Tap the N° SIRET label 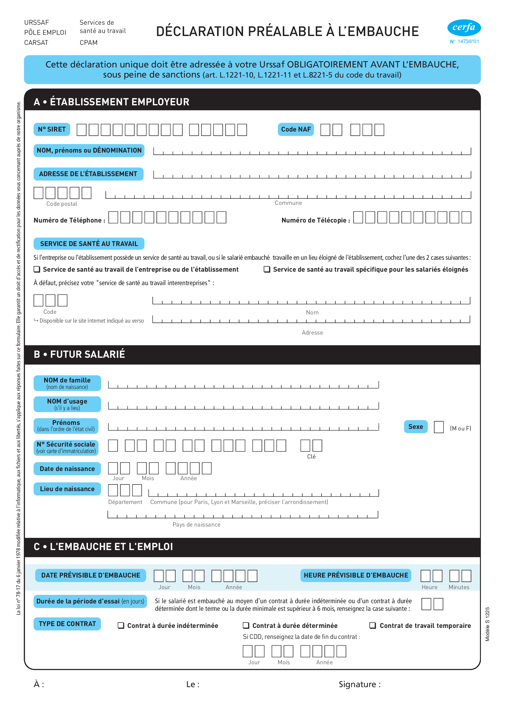click(x=52, y=129)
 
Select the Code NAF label click(x=296, y=129)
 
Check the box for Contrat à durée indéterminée click(x=121, y=625)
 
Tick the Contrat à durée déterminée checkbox click(x=246, y=625)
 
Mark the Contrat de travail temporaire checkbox click(x=372, y=625)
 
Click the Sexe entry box click(x=438, y=427)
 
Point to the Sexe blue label click(x=416, y=427)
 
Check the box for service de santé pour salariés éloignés click(x=267, y=269)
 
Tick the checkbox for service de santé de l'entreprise click(x=37, y=269)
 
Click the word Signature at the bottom click(x=357, y=684)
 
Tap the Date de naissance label click(x=67, y=469)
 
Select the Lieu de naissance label click(x=67, y=489)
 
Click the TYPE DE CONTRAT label click(x=67, y=624)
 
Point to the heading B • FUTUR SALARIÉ click(x=79, y=354)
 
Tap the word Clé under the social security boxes click(x=311, y=456)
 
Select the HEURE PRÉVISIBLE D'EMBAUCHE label click(x=356, y=575)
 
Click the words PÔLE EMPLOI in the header click(x=45, y=33)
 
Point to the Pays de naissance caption click(x=197, y=525)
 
